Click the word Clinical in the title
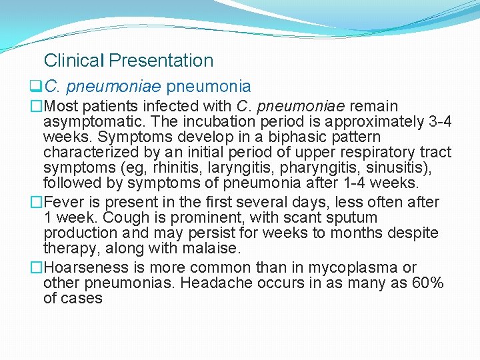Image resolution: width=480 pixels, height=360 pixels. (73, 61)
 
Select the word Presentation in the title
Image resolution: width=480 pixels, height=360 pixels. (161, 61)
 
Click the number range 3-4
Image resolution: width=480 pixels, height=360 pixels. (437, 122)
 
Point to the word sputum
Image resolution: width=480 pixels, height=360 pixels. (349, 218)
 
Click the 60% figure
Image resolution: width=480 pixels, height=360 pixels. (427, 283)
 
